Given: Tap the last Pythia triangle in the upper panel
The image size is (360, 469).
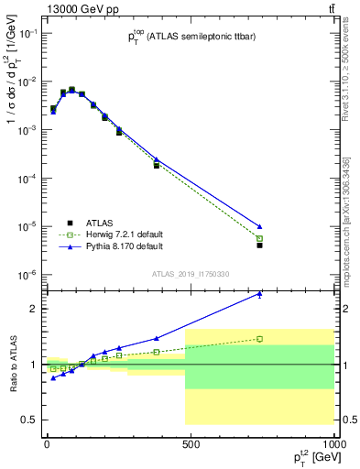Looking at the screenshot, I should (x=260, y=226).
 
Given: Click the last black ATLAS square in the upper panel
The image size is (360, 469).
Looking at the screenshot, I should (x=260, y=245).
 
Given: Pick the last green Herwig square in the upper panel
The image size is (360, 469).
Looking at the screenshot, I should (x=260, y=238).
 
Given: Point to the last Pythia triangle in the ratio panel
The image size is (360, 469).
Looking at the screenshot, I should (x=260, y=294).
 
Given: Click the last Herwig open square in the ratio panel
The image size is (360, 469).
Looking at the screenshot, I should (x=260, y=339).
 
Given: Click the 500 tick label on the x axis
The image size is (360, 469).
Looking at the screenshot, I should (x=191, y=444).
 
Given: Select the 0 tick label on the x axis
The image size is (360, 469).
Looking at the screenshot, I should (x=47, y=444).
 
